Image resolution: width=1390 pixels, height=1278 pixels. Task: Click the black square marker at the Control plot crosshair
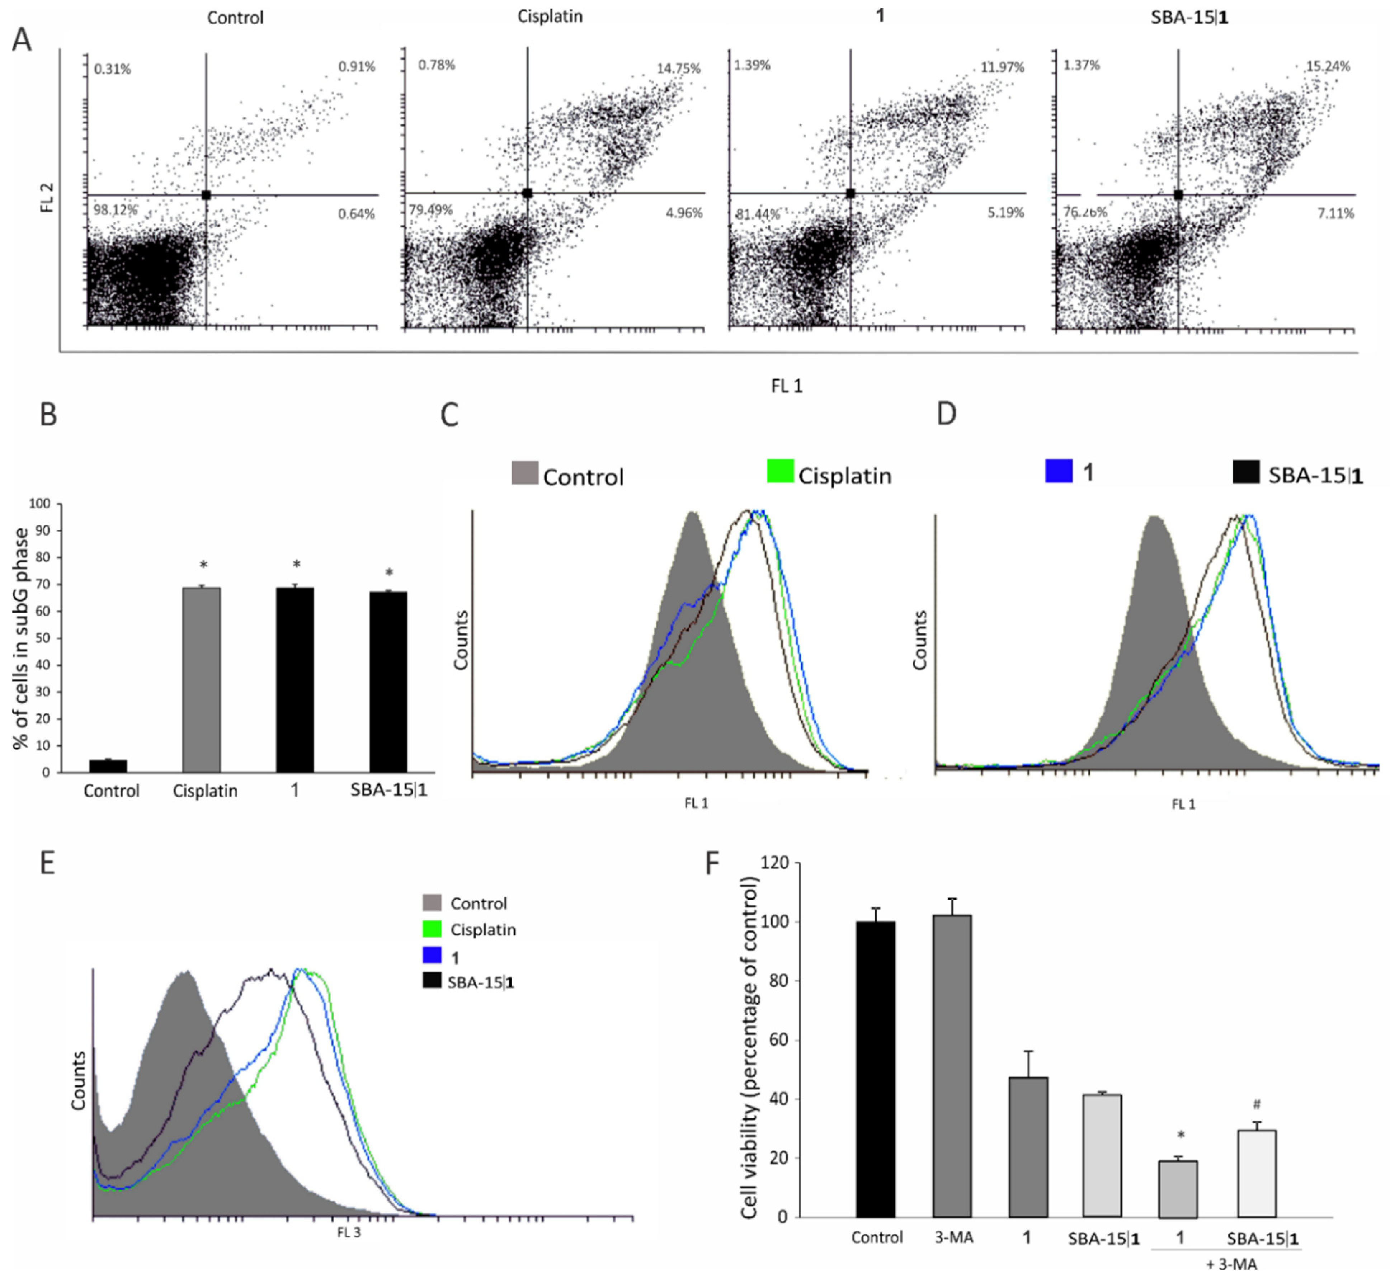click(206, 195)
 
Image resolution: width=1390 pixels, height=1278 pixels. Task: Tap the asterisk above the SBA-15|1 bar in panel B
click(389, 573)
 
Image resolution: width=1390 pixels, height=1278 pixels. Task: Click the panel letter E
click(47, 864)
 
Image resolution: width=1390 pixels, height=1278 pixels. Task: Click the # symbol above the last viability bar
click(1257, 1104)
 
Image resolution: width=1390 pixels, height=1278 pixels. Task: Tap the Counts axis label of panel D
click(919, 640)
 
